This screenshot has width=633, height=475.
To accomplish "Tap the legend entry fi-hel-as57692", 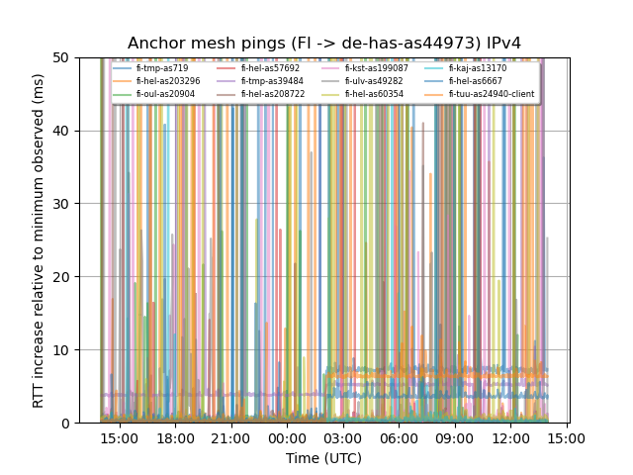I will [x=270, y=68].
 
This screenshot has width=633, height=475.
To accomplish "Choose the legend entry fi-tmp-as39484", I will [x=270, y=81].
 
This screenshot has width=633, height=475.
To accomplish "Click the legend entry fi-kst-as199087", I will [x=376, y=68].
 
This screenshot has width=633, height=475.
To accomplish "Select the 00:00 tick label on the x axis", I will [x=287, y=438].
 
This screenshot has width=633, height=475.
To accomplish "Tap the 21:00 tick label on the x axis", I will [x=230, y=438].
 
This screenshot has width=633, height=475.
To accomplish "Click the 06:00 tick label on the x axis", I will [x=399, y=438].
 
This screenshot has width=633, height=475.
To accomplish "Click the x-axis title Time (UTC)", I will [x=323, y=458].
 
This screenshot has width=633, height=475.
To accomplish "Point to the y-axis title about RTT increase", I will [x=39, y=240].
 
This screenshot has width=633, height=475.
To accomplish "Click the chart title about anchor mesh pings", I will [x=323, y=44].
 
